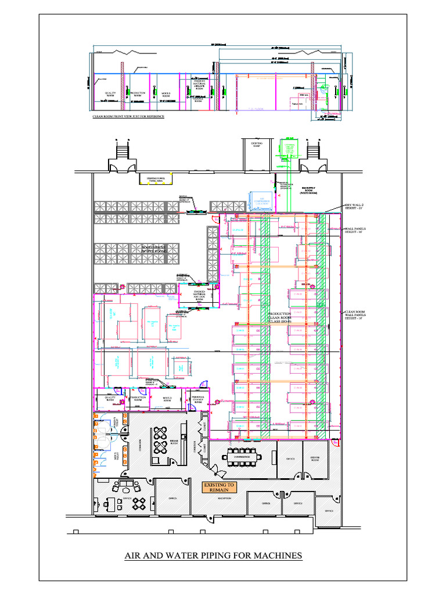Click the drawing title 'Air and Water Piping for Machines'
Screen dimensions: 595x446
[213, 555]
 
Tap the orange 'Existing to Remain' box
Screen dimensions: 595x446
[219, 487]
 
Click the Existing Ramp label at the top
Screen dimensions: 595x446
[257, 144]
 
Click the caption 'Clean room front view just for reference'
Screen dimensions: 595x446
[128, 116]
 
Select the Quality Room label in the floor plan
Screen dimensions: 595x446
[110, 399]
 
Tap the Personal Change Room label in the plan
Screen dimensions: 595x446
[197, 400]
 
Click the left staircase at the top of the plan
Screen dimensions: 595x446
[121, 152]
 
